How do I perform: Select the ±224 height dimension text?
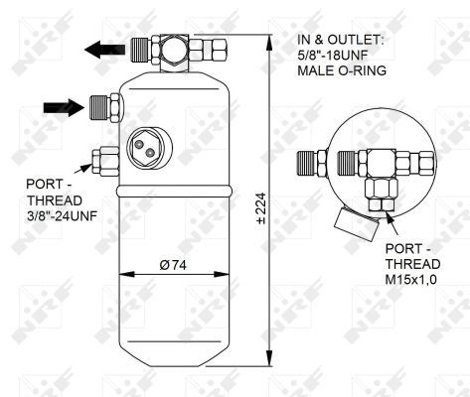261,208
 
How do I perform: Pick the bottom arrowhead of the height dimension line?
272,361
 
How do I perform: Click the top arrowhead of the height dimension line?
272,41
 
